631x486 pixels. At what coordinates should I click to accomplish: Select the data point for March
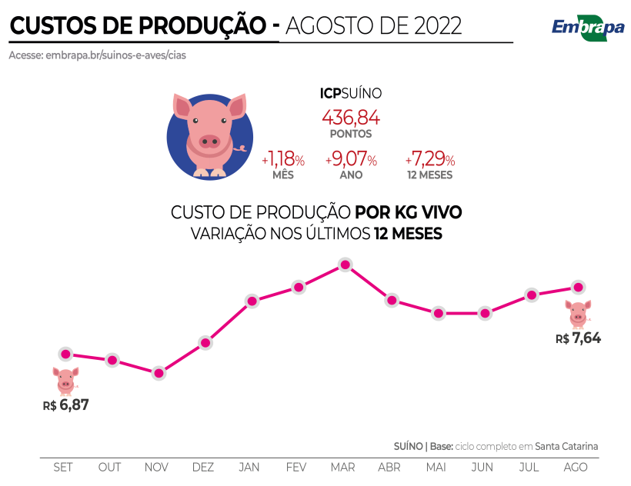click(345, 265)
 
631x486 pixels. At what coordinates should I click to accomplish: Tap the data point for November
click(159, 374)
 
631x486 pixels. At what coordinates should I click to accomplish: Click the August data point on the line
click(578, 287)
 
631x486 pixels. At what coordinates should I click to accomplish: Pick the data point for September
click(65, 355)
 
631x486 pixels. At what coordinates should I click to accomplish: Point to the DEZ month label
click(203, 468)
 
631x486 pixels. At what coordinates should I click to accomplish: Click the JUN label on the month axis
click(482, 468)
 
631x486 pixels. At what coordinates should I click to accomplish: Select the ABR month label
click(389, 468)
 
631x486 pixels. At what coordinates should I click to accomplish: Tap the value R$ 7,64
click(578, 338)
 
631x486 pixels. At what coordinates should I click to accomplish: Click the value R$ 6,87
click(66, 404)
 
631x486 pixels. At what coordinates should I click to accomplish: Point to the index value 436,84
click(351, 118)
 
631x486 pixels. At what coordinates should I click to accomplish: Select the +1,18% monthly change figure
click(283, 160)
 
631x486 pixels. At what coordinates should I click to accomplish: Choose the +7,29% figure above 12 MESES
click(430, 160)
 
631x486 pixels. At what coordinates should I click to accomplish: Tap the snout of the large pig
click(209, 141)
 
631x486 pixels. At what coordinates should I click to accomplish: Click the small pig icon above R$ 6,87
click(66, 381)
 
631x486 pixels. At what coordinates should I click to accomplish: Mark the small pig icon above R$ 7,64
click(578, 314)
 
